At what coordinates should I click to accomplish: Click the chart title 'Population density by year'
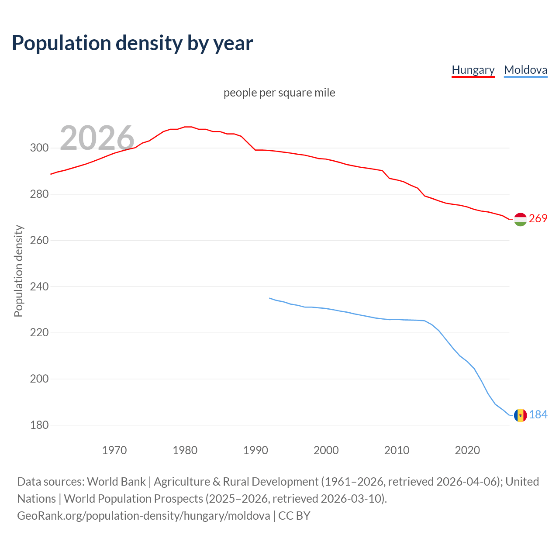tap(132, 43)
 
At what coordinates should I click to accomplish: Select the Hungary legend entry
tap(473, 70)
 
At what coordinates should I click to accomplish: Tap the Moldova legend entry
tap(525, 70)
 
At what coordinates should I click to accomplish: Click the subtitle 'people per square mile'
tap(279, 93)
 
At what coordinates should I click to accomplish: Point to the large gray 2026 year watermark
tap(97, 138)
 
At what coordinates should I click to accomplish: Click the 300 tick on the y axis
tap(39, 148)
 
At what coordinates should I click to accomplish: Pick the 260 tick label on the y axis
tap(39, 240)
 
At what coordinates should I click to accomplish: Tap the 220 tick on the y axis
tap(39, 333)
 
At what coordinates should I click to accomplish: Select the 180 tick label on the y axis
tap(39, 425)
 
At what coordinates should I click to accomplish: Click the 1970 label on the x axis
tap(114, 450)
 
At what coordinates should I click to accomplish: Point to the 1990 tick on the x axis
tap(255, 450)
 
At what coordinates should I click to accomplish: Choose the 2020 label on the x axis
tap(467, 450)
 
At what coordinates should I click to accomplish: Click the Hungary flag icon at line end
tap(520, 219)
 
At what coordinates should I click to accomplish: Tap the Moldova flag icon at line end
tap(520, 415)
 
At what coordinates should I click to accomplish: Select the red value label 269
tap(538, 218)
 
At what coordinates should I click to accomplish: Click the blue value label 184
tap(538, 414)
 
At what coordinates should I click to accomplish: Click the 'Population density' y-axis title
tap(18, 271)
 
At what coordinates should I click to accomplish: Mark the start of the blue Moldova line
tap(270, 298)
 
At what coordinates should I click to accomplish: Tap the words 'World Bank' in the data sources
tap(116, 482)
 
